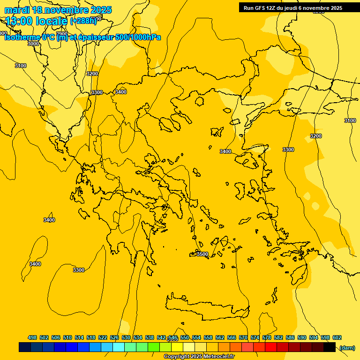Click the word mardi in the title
click(16, 10)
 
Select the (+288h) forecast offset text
click(83, 21)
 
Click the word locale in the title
click(52, 21)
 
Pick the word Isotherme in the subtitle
click(22, 37)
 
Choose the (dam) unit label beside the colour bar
click(347, 347)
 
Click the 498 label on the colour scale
click(32, 337)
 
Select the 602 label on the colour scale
click(337, 337)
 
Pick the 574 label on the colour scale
click(255, 337)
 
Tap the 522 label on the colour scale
click(103, 337)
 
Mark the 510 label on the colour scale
click(67, 337)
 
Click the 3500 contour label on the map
click(202, 254)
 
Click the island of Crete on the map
click(206, 307)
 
